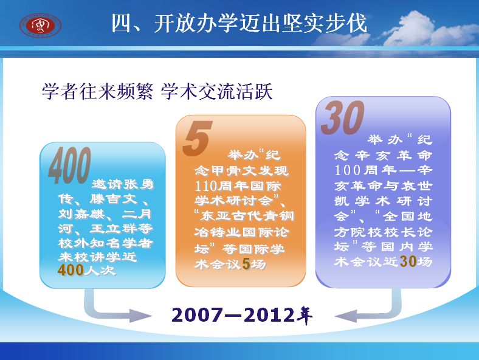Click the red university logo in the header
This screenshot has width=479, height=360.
point(41,25)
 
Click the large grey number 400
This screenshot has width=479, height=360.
point(70,165)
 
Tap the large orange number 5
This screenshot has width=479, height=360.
point(198,138)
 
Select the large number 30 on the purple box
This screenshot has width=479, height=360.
point(342,117)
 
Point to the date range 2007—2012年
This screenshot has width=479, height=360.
point(242,315)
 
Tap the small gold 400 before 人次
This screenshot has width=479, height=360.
point(71,270)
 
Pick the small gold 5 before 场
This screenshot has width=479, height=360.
point(246,264)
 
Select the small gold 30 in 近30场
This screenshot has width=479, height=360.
point(408,261)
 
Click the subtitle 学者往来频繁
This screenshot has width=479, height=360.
point(97,91)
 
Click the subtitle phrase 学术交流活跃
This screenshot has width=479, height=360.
point(216,91)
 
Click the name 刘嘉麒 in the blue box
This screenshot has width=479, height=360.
point(81,214)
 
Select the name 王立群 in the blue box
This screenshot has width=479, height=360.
point(113,229)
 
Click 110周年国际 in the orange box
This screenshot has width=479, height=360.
point(238,186)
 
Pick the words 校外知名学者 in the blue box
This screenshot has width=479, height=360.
point(105,243)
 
